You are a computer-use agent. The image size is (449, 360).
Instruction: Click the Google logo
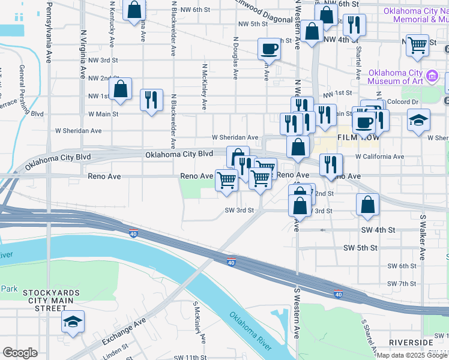pyautogui.click(x=20, y=353)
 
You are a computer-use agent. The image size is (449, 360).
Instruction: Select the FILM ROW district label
pyautogui.click(x=360, y=137)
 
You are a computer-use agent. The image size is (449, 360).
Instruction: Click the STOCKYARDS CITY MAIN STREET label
pyautogui.click(x=52, y=300)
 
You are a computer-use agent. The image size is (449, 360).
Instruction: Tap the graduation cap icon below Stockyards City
pyautogui.click(x=73, y=322)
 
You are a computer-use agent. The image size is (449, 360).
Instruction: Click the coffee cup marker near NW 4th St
pyautogui.click(x=269, y=49)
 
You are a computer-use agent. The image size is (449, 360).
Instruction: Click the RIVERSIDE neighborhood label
pyautogui.click(x=411, y=343)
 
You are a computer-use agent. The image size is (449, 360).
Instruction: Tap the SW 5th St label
pyautogui.click(x=360, y=248)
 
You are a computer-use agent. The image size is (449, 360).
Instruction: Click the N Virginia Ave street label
pyautogui.click(x=83, y=57)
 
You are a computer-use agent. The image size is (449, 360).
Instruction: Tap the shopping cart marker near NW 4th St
pyautogui.click(x=417, y=45)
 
